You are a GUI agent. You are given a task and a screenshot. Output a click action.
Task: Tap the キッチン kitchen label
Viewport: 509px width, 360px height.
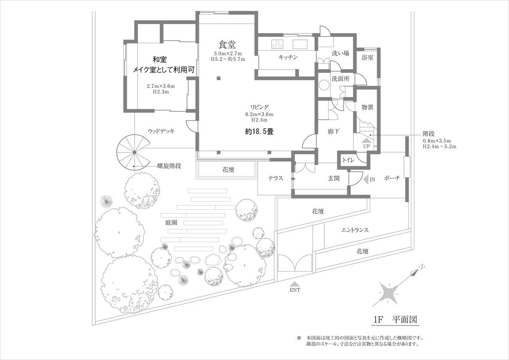pyautogui.click(x=288, y=57)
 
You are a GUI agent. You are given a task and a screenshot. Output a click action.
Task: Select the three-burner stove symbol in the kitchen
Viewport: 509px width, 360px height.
pyautogui.click(x=277, y=44)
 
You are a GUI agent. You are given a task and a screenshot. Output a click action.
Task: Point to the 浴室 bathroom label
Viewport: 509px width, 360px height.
pyautogui.click(x=367, y=57)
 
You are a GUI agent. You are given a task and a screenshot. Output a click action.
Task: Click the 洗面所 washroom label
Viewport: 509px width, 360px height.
pyautogui.click(x=340, y=79)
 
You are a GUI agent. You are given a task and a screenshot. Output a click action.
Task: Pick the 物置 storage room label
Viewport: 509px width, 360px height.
pyautogui.click(x=367, y=107)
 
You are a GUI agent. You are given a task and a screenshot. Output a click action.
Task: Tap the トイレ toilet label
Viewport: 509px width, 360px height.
pyautogui.click(x=347, y=160)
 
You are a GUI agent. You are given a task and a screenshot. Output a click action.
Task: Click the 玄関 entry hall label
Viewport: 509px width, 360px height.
pyautogui.click(x=334, y=178)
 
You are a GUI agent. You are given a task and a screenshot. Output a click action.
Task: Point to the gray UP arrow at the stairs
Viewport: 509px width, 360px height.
pyautogui.click(x=366, y=139)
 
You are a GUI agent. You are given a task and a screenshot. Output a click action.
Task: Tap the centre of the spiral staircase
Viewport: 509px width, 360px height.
pyautogui.click(x=134, y=152)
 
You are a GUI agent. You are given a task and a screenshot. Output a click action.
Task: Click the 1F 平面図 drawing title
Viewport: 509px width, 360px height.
pyautogui.click(x=395, y=320)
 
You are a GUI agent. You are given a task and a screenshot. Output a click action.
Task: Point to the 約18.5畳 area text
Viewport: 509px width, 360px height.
pyautogui.click(x=259, y=132)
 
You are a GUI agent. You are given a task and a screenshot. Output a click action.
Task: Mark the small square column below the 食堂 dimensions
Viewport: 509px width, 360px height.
pyautogui.click(x=219, y=78)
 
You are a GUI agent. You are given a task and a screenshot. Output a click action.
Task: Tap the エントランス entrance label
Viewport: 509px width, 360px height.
pyautogui.click(x=355, y=230)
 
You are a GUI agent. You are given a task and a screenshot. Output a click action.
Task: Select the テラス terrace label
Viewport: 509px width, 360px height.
pyautogui.click(x=275, y=178)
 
